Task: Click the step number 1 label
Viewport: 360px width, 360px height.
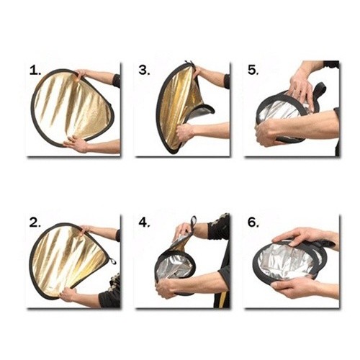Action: (35, 71)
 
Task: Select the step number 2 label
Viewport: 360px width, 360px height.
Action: (35, 223)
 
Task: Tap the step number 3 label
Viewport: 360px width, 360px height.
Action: (144, 71)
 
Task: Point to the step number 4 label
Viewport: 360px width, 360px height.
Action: (144, 223)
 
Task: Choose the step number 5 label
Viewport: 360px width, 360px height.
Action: (253, 71)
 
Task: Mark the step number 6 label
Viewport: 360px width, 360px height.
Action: (253, 223)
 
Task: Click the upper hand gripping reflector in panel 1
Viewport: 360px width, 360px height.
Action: (81, 73)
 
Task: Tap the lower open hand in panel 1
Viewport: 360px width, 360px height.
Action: (76, 144)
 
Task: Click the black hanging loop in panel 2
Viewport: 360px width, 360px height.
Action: (112, 261)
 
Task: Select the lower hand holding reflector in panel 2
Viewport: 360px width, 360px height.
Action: (68, 294)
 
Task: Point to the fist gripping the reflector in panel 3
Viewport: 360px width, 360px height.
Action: (185, 132)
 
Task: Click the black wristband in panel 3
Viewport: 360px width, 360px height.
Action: (227, 81)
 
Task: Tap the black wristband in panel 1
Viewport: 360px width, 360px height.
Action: (117, 81)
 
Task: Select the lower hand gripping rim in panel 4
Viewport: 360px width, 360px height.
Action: (166, 287)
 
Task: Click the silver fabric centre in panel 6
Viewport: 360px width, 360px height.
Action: (287, 261)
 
